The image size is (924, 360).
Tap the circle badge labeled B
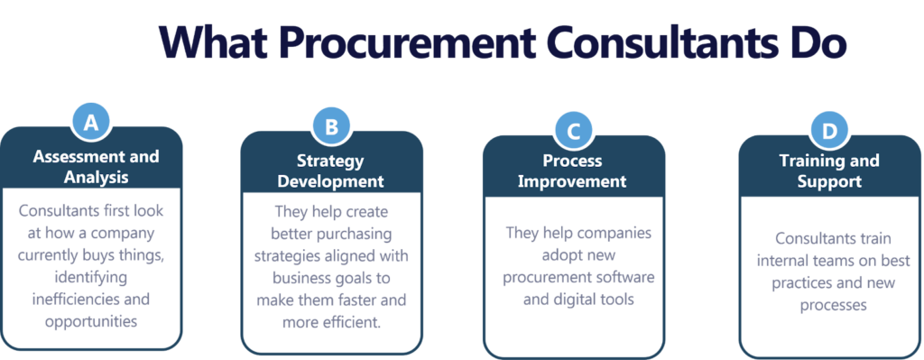tap(331, 128)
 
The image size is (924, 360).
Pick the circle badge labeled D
tap(829, 132)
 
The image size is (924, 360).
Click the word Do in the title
tap(815, 42)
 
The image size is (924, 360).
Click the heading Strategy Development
tap(330, 171)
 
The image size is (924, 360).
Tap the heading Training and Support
tap(829, 171)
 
